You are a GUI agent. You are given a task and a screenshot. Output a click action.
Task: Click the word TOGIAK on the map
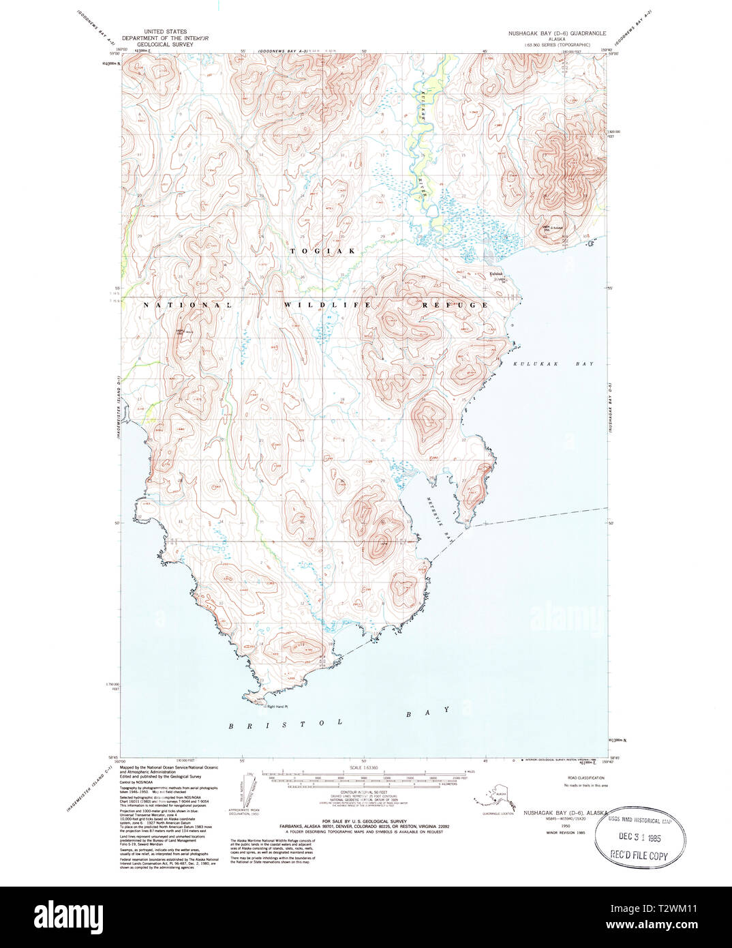point(323,251)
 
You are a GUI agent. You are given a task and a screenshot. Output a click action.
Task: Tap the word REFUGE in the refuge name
point(455,305)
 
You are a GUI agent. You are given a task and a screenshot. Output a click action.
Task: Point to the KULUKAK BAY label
point(553,364)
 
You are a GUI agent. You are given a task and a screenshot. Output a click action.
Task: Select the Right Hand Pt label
point(278,707)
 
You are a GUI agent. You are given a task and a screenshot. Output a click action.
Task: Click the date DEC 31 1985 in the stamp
point(639,838)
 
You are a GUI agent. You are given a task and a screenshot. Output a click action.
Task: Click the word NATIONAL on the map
point(188,305)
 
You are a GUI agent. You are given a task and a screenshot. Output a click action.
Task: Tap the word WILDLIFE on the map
point(327,305)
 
